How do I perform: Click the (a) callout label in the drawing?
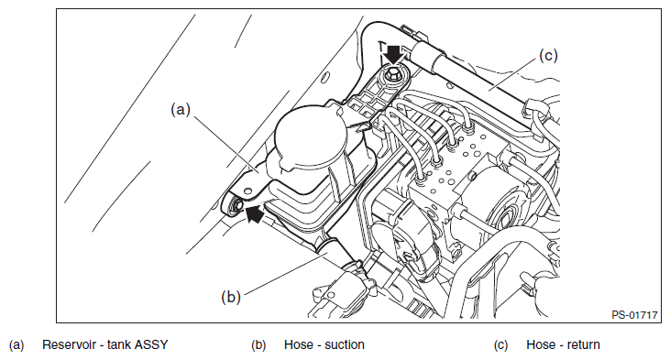point(181,110)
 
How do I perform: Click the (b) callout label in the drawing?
point(231,297)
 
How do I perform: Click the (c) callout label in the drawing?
point(548,56)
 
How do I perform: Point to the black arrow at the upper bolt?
point(393,52)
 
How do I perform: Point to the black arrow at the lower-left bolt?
point(255,213)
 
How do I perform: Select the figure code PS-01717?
point(634,315)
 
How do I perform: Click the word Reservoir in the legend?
point(69,344)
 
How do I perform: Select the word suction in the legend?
point(345,344)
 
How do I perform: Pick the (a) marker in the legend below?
point(16,345)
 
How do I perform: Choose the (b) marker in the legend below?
point(258,345)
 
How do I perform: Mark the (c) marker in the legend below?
point(500,345)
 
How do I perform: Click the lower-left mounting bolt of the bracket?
point(236,206)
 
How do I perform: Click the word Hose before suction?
point(298,344)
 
